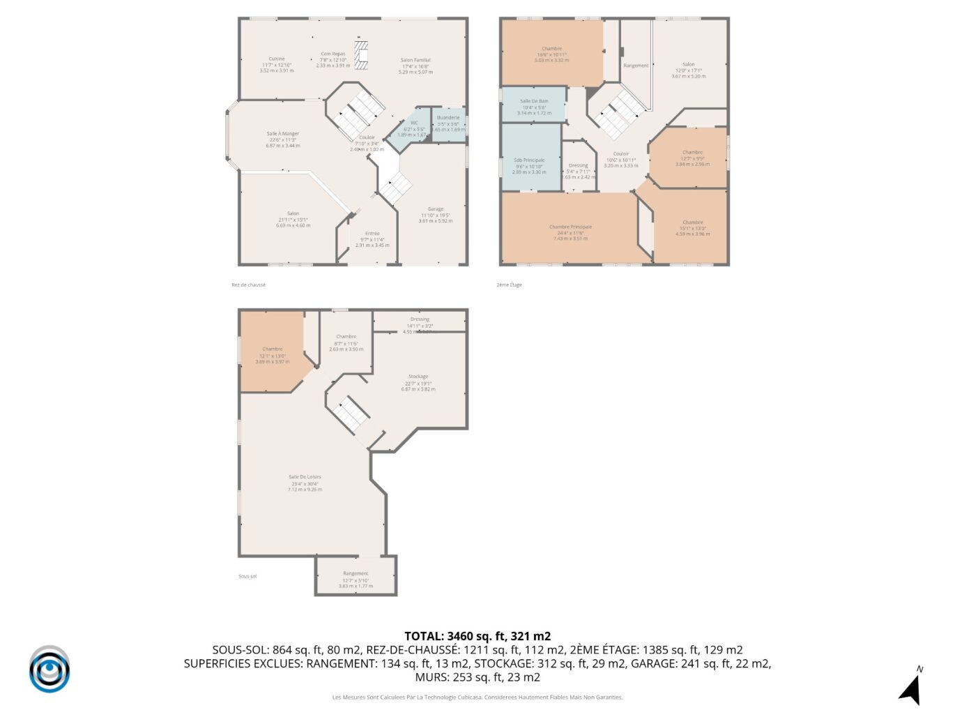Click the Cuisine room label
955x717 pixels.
(x=277, y=59)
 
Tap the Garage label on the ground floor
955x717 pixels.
(x=436, y=209)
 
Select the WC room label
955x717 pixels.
(x=414, y=123)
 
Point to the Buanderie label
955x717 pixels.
(x=448, y=118)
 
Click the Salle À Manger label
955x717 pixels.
(x=282, y=134)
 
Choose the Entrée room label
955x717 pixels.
(x=372, y=234)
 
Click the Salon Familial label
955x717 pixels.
(x=415, y=61)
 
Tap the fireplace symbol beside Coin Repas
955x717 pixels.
(x=361, y=55)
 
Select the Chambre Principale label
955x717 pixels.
(x=570, y=227)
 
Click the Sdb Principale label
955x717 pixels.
(x=529, y=160)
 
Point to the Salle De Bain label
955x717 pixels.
(x=534, y=102)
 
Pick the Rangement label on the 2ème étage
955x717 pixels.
(x=636, y=66)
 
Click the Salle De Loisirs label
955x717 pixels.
(x=305, y=478)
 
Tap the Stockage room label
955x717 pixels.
(x=418, y=377)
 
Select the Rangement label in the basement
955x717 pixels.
(x=356, y=574)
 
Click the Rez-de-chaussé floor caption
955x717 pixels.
(x=249, y=285)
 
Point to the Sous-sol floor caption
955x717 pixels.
(x=247, y=577)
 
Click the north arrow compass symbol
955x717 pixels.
(x=911, y=686)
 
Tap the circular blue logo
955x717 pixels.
(x=49, y=670)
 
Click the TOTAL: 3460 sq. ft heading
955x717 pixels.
(x=477, y=636)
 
